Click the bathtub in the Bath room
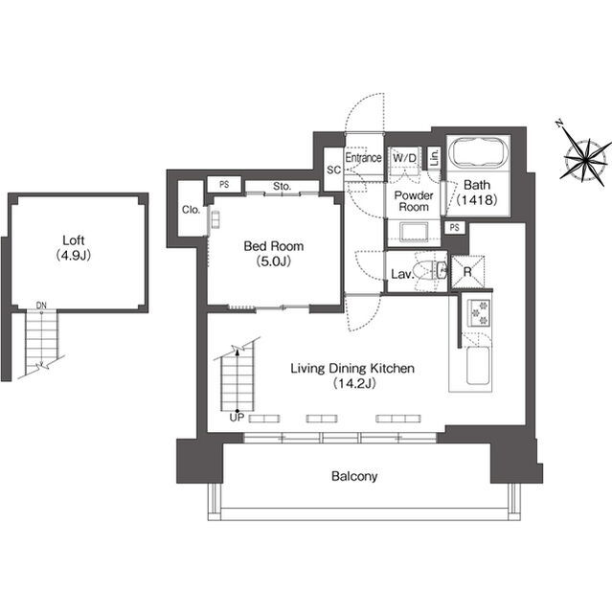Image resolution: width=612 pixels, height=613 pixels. [479, 154]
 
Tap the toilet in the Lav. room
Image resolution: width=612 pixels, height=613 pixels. [432, 270]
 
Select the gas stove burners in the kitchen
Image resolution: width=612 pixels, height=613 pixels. [480, 313]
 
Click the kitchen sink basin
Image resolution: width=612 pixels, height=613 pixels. [478, 365]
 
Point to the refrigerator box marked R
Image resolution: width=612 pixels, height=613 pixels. [467, 272]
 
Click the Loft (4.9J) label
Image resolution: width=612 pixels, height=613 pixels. [74, 247]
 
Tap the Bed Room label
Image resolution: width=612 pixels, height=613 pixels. [274, 246]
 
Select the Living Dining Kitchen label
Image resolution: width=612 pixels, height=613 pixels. [352, 368]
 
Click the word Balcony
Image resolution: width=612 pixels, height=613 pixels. [354, 476]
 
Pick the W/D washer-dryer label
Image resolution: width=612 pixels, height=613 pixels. [404, 158]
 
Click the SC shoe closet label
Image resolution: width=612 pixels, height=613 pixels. [333, 170]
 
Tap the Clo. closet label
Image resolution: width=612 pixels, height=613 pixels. [192, 210]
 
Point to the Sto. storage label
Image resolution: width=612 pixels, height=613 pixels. [283, 187]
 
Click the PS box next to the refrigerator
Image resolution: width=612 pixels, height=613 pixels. [455, 228]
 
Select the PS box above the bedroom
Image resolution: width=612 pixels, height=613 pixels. [224, 185]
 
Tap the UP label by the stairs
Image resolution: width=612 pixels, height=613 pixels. [237, 418]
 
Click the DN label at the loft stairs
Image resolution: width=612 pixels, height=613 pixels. [41, 306]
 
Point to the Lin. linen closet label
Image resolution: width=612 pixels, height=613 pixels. [434, 158]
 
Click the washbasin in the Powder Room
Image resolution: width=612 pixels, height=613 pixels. [415, 232]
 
